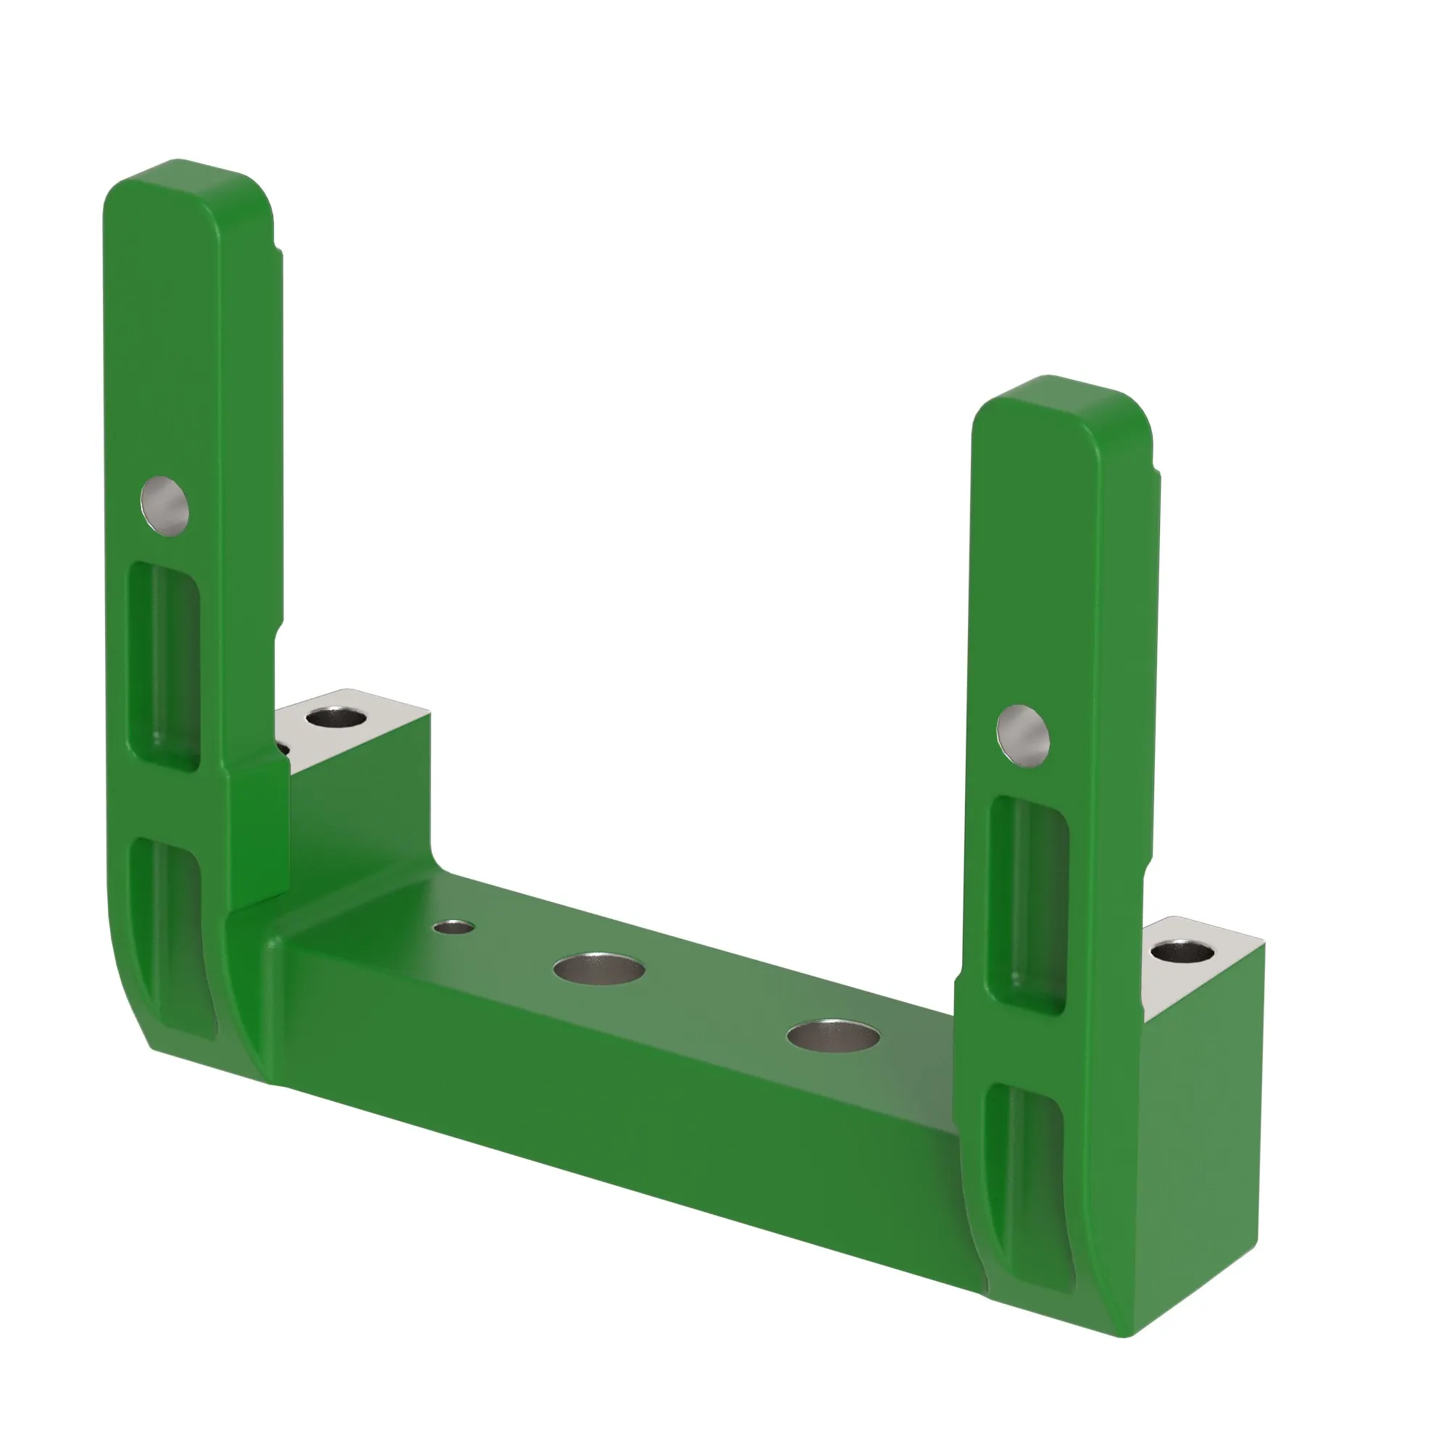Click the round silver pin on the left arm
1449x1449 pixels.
click(164, 506)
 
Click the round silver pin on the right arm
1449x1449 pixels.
click(1023, 736)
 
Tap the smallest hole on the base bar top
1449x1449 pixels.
click(454, 928)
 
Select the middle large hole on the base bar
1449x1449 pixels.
click(598, 968)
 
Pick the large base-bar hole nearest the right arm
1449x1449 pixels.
click(833, 1036)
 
